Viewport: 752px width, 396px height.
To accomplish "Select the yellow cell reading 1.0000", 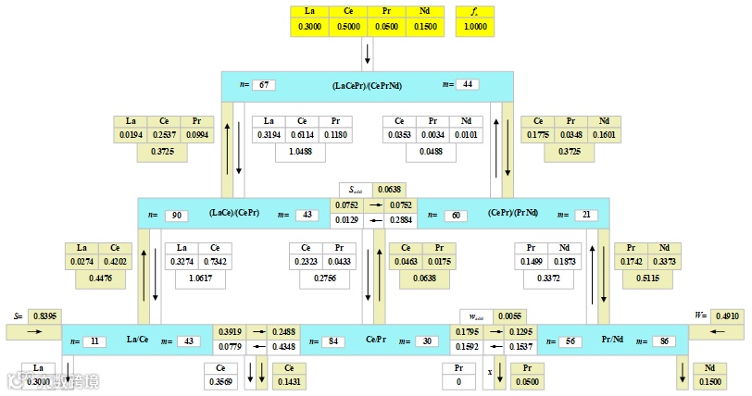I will [x=475, y=28].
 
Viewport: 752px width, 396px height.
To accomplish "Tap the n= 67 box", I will [x=264, y=85].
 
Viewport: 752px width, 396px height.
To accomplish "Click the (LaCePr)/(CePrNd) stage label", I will [x=367, y=85].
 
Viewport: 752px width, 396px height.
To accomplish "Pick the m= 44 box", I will [x=468, y=85].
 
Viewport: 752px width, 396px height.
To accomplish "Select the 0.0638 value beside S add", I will [x=389, y=190].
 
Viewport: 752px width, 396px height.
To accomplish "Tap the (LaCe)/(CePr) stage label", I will [x=234, y=214].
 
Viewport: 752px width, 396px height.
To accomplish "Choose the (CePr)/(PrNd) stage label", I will [x=514, y=214].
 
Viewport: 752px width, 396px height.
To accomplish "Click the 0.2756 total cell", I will [x=323, y=277].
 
